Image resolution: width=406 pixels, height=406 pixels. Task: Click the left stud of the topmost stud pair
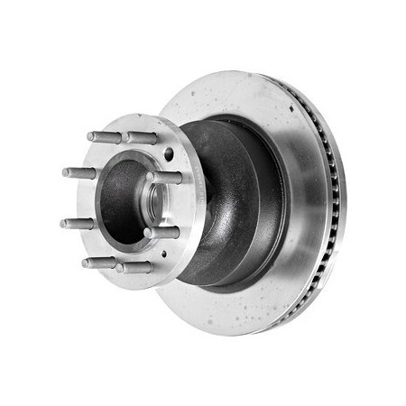(x=105, y=137)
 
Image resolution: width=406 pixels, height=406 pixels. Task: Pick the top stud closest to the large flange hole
(x=140, y=137)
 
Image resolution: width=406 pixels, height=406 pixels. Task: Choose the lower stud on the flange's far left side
(x=78, y=222)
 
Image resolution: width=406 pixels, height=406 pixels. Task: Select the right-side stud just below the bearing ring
(x=162, y=233)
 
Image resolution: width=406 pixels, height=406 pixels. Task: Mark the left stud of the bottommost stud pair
(x=99, y=263)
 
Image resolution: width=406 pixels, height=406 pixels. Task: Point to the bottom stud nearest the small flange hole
(x=134, y=267)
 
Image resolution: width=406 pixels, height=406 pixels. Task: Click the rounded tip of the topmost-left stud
(x=90, y=136)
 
